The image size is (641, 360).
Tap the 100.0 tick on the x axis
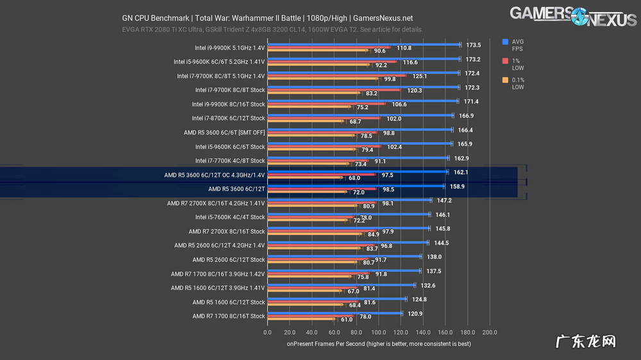[x=379, y=332]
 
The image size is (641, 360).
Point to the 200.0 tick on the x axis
[x=490, y=332]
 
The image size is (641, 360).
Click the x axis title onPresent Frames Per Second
[x=378, y=344]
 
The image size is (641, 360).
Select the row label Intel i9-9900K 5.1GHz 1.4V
[x=229, y=47]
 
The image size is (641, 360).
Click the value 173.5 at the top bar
[x=474, y=45]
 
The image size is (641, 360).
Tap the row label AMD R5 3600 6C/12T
[x=237, y=189]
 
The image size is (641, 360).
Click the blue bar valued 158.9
[x=356, y=186]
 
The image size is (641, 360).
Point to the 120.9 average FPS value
[x=416, y=314]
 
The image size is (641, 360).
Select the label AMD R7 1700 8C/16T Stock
[x=228, y=316]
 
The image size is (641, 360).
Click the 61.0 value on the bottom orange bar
[x=346, y=319]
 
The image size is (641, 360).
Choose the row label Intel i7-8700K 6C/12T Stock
[x=228, y=119]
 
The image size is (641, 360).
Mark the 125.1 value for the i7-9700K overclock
[x=420, y=76]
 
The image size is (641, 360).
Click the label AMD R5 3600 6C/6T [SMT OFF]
[x=224, y=133]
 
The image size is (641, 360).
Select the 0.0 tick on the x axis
[x=268, y=332]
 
